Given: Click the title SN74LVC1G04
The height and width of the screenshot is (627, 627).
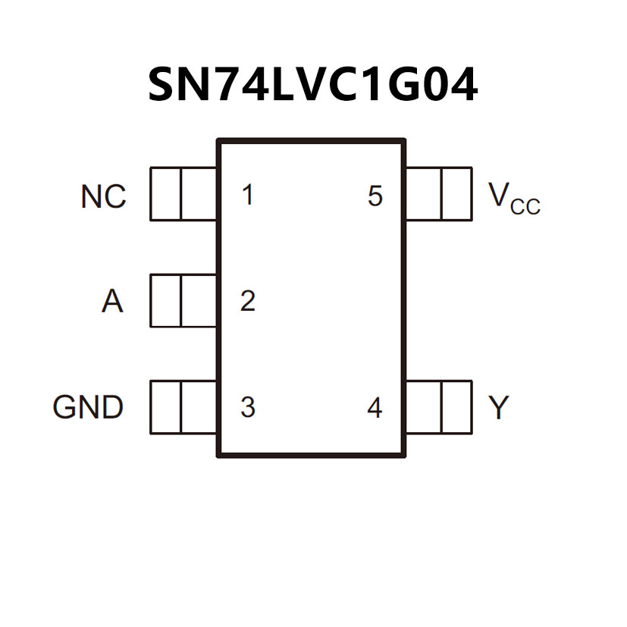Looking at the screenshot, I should (312, 85).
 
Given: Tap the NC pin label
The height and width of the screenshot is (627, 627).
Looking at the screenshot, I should (103, 197).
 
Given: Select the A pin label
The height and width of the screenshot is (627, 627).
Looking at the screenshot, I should (112, 302).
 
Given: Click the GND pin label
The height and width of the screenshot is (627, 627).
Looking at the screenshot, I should (88, 408).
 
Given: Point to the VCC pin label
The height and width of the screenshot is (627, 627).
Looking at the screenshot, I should (514, 198).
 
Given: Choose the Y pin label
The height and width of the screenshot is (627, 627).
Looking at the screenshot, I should (498, 409).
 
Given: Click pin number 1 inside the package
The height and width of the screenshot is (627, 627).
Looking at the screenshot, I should (247, 196).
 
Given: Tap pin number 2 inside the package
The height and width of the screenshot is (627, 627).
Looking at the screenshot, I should (247, 302).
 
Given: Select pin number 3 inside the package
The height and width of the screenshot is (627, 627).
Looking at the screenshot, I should (247, 408).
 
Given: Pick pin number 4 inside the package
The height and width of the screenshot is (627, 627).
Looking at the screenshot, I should (375, 409).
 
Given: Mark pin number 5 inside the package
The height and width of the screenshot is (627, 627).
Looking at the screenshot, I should (375, 196).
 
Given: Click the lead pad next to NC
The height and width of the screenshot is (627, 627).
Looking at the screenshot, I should (183, 194).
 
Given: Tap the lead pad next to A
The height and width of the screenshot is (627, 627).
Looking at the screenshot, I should (183, 301).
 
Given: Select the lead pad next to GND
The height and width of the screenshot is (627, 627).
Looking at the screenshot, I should (183, 407).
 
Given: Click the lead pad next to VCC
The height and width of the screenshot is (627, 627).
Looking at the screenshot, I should (438, 194).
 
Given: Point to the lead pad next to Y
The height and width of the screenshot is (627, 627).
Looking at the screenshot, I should (438, 407).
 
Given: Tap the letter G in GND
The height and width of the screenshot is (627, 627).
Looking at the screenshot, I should (65, 408).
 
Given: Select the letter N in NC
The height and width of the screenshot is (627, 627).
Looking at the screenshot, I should (91, 197).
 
